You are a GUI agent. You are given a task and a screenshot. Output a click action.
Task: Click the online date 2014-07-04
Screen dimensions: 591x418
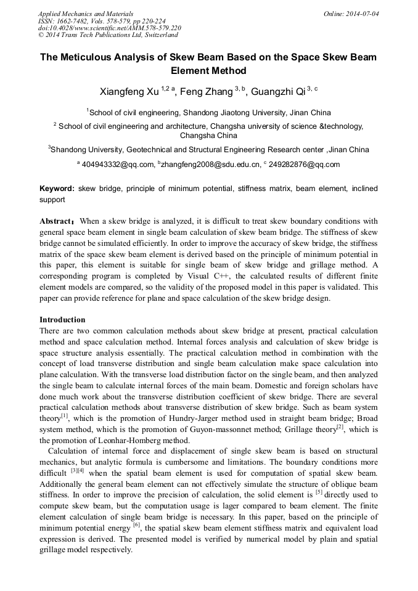(361, 14)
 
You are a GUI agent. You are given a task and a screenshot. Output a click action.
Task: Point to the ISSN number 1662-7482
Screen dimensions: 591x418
(73, 21)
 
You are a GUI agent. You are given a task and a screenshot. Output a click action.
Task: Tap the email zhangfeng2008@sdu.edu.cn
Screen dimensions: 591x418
(210, 165)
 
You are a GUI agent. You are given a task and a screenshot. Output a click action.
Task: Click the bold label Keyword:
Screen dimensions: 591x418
(57, 189)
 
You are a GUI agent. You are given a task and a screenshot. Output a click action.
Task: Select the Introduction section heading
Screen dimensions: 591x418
(62, 320)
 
